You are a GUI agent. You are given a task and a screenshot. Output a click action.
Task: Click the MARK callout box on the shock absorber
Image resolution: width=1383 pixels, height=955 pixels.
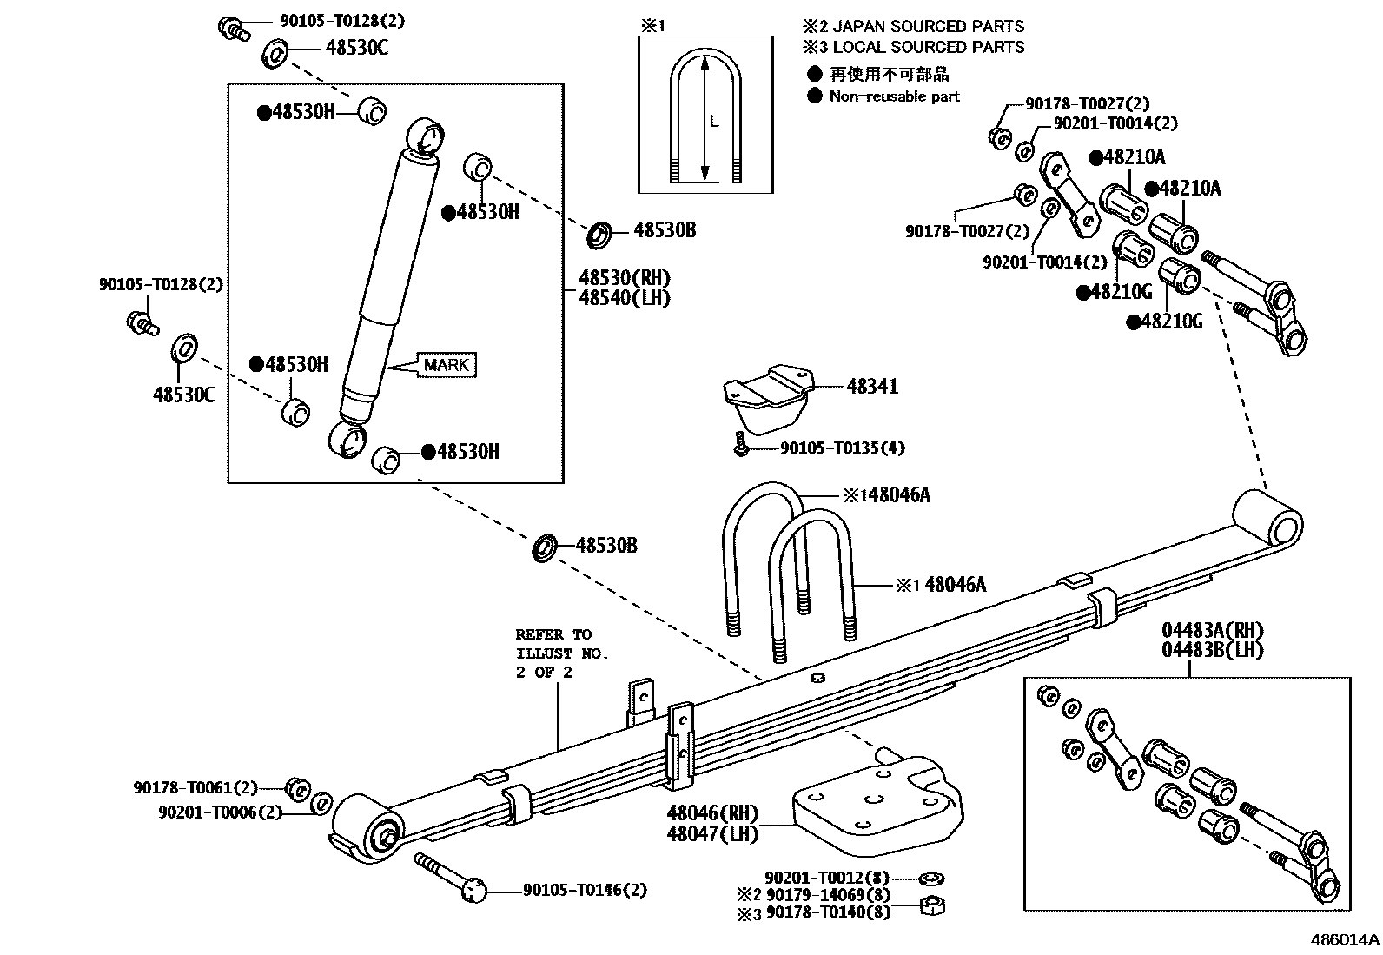447,365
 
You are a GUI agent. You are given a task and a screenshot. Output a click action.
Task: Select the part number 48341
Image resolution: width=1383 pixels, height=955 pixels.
871,387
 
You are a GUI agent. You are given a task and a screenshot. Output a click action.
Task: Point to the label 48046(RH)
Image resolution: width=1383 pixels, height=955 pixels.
711,813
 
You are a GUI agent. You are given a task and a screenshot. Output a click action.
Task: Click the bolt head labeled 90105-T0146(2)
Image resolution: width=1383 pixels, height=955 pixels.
473,891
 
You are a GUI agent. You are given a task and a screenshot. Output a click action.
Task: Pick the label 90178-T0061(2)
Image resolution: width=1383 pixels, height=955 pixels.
195,787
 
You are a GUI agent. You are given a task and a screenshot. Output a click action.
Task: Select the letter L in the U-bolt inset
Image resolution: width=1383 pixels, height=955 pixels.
714,123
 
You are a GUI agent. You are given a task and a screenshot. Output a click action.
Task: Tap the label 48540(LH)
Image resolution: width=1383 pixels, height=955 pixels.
625,297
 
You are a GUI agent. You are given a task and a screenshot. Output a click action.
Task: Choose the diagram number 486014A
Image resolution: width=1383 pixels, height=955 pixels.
1344,939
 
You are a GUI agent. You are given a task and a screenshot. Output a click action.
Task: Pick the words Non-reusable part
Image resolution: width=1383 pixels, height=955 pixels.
894,96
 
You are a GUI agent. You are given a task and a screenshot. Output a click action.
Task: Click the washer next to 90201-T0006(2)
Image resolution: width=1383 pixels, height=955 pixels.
321,802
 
